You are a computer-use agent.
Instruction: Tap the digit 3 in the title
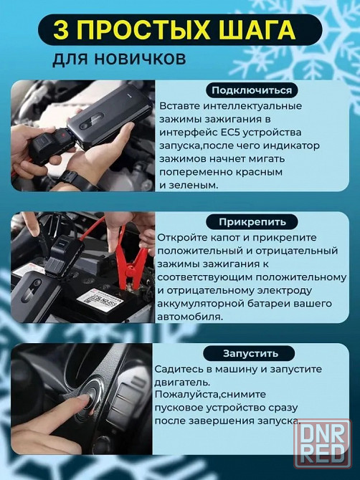coord(61,29)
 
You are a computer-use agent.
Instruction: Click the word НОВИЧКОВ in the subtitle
coord(140,58)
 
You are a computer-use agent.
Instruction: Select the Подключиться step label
coord(252,90)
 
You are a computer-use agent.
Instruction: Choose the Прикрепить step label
coord(252,221)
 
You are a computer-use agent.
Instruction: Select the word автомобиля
coord(190,317)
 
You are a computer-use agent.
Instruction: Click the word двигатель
coord(182,383)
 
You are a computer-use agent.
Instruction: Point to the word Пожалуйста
coord(186,395)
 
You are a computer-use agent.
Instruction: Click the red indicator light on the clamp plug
coord(62,134)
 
